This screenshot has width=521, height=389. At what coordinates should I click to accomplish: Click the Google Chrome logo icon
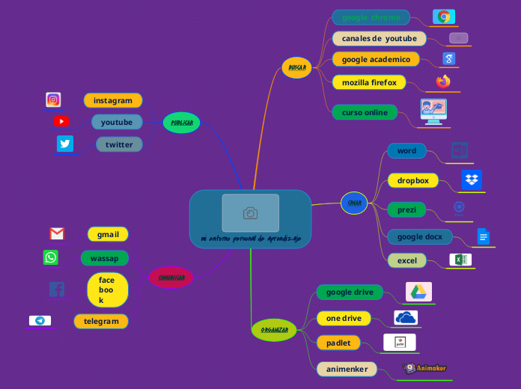(x=444, y=16)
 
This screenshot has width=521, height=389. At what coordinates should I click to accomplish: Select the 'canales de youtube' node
(x=379, y=38)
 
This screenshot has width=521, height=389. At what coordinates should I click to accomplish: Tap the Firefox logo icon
(x=444, y=81)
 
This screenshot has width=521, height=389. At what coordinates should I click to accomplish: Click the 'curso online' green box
(x=365, y=112)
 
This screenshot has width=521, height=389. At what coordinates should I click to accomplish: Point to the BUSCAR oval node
(x=296, y=68)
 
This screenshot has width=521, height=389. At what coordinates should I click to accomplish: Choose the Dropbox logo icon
(x=471, y=180)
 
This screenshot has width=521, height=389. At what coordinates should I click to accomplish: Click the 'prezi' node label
(x=406, y=209)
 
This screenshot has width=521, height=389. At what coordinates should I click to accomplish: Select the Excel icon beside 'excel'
(x=460, y=260)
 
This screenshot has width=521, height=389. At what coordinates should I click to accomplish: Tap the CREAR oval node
(x=354, y=202)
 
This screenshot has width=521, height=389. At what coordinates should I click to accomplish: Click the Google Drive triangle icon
(x=418, y=291)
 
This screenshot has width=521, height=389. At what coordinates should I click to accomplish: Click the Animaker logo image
(x=425, y=368)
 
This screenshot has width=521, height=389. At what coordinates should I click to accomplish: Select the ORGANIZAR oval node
(x=274, y=329)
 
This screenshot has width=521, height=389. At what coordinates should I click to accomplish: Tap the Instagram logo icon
(x=53, y=99)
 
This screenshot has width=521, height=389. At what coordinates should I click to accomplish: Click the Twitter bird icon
(x=65, y=144)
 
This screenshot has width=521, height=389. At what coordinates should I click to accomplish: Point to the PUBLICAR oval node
(x=181, y=122)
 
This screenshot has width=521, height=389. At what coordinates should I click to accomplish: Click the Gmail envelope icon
(x=57, y=233)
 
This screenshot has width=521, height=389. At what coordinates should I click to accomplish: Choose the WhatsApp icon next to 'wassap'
(x=51, y=257)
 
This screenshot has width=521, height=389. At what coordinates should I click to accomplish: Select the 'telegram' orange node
(x=101, y=321)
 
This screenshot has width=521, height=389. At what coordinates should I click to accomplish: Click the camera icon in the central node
(x=250, y=214)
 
